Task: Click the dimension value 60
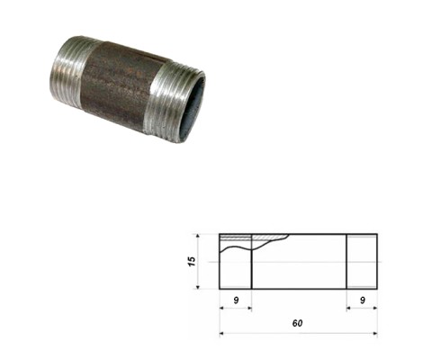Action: (297, 323)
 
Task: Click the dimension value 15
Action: (191, 261)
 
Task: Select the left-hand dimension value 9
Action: (236, 300)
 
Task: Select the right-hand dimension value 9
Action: (363, 300)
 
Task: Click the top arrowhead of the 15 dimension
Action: (198, 236)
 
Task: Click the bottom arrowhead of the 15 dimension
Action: (198, 287)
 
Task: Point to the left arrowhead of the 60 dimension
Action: (221, 333)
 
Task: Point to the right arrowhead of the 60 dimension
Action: (375, 333)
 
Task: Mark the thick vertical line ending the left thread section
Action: (251, 261)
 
